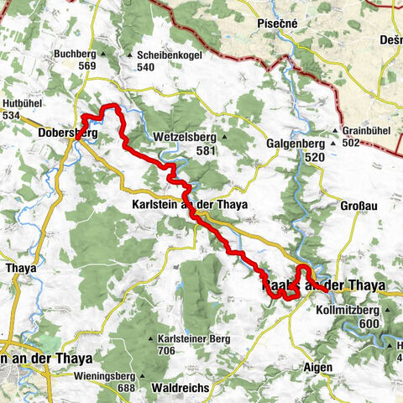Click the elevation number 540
coord(145,67)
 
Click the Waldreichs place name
coord(182,388)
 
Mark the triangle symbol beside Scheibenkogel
coord(129,55)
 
